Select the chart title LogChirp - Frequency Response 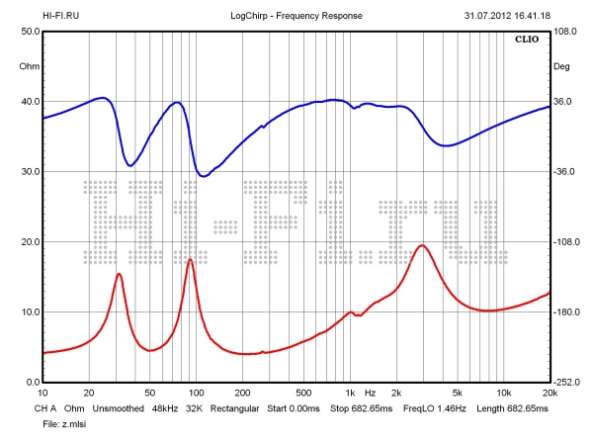(296, 17)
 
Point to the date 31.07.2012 (487, 17)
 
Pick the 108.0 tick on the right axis (565, 32)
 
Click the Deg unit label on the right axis (562, 67)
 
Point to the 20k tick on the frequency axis (549, 393)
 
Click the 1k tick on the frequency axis (349, 393)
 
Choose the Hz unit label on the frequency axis (370, 393)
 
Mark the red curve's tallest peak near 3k (422, 245)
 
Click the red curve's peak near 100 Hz (190, 259)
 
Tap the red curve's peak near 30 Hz (119, 274)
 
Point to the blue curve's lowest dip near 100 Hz (203, 176)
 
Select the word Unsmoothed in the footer (119, 407)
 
